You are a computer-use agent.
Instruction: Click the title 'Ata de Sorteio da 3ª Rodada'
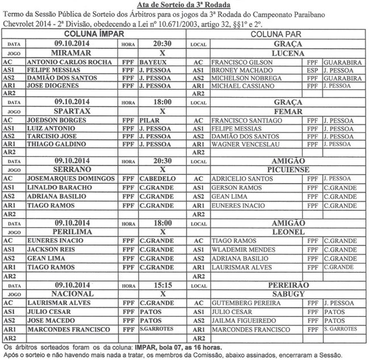184,5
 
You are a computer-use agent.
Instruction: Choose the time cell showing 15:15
162,286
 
